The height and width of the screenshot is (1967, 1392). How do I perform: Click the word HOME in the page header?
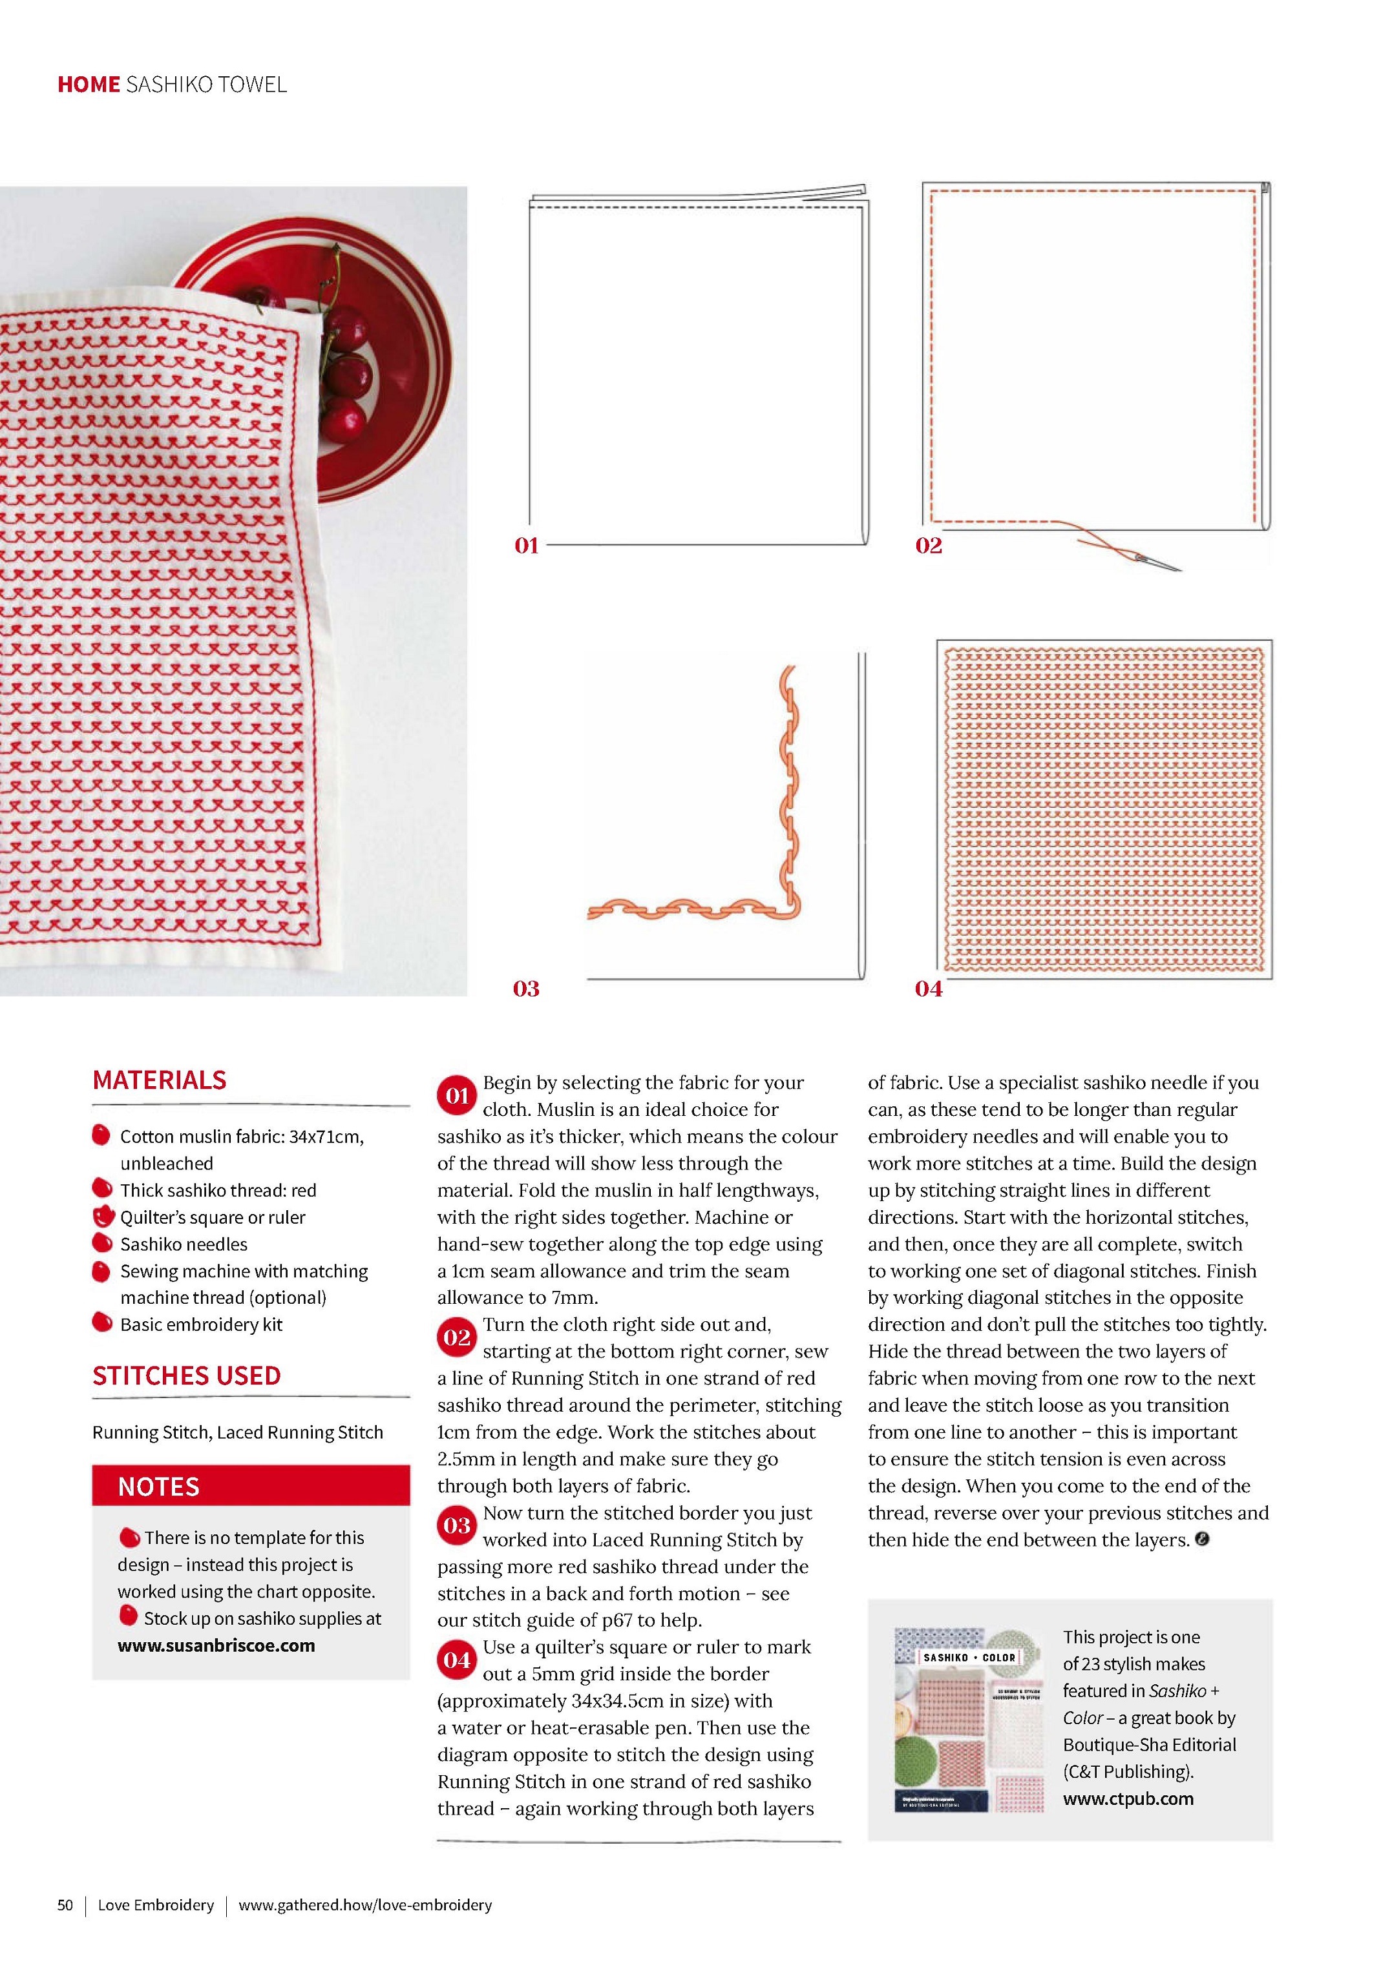tap(89, 84)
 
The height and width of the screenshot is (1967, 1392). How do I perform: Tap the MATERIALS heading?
tap(160, 1080)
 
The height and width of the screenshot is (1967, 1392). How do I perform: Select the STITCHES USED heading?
tap(187, 1376)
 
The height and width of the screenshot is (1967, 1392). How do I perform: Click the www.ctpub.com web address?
tap(1128, 1798)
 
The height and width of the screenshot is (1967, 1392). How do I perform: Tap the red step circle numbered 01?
tap(457, 1097)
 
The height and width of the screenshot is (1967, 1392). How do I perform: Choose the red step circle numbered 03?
tap(457, 1526)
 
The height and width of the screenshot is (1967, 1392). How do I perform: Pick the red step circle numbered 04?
tap(457, 1660)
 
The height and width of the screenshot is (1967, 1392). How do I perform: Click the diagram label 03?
tap(526, 989)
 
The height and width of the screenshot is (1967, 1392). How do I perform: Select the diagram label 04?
tap(928, 989)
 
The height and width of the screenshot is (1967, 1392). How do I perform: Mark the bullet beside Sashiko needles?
tap(102, 1244)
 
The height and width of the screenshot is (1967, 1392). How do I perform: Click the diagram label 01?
tap(526, 546)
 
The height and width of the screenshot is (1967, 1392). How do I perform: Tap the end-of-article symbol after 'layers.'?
tap(1203, 1540)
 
